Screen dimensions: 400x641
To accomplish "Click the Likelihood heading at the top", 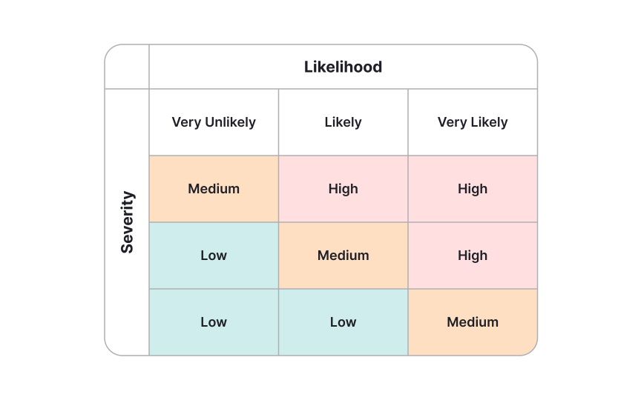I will point(343,67).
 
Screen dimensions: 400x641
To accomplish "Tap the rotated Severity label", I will point(128,222).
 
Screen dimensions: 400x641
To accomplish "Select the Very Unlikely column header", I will point(214,122).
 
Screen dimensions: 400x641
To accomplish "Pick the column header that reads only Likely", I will point(343,122).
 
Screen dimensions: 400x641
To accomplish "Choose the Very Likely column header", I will point(473,122).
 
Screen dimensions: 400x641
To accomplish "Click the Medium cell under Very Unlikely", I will point(214,189).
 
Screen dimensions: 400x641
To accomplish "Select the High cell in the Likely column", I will point(343,189).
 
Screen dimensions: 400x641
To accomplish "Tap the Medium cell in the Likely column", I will point(343,256).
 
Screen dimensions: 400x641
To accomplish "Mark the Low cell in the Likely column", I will point(343,322).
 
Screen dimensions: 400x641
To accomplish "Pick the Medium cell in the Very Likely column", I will point(473,322).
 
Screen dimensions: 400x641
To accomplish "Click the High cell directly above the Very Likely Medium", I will point(473,256).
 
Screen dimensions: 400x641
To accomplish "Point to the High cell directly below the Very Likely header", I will point(473,189).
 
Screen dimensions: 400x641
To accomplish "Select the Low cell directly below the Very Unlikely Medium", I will point(214,256).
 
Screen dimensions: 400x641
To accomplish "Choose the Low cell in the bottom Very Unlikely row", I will point(214,322).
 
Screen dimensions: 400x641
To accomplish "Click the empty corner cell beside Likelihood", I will point(128,67).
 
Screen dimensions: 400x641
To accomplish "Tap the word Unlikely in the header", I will point(230,122).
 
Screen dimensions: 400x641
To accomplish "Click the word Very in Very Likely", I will point(452,122).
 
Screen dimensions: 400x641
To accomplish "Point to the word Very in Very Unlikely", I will point(186,122).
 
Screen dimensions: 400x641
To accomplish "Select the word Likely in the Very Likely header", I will point(489,122).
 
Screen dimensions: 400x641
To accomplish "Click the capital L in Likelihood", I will point(309,67).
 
